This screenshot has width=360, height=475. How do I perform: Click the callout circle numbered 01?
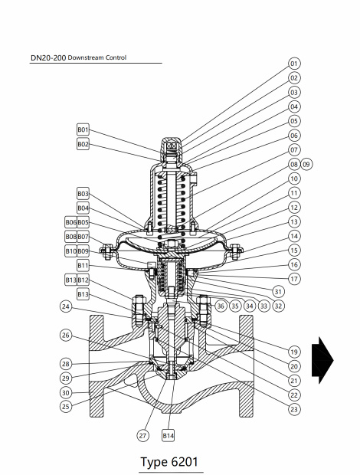coord(294,63)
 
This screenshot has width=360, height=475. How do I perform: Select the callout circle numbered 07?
coord(294,149)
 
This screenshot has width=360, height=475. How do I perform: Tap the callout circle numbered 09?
coord(307,164)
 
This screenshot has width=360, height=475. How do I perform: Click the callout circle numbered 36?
coord(221,306)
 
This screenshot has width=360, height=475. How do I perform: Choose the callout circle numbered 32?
coord(279,306)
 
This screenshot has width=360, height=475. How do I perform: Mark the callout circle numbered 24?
coord(67,306)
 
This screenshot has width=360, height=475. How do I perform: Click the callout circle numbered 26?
coord(67,336)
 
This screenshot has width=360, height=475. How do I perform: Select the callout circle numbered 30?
coord(67,392)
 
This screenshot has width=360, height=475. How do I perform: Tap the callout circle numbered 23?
coord(294,409)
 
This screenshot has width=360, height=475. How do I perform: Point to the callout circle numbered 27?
coord(142,435)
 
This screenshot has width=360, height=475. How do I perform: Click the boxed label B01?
coord(83,129)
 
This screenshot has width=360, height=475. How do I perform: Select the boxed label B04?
coord(83,208)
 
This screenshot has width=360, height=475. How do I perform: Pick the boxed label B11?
coord(83,265)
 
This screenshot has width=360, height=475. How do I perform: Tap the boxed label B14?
coord(169,435)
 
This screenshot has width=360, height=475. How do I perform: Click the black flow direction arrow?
coord(326,360)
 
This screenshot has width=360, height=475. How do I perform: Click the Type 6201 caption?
coord(171,462)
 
